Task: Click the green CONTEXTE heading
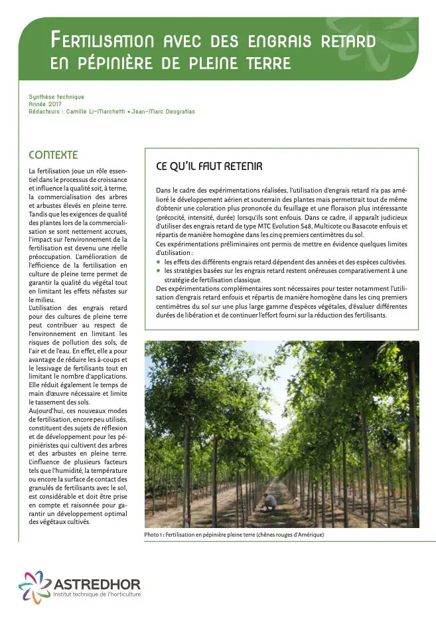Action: coord(53,155)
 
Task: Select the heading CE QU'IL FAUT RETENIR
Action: coord(209,166)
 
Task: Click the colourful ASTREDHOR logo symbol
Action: coord(33,586)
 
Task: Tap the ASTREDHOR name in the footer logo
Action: coord(97,584)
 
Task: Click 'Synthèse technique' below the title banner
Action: coord(56,97)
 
